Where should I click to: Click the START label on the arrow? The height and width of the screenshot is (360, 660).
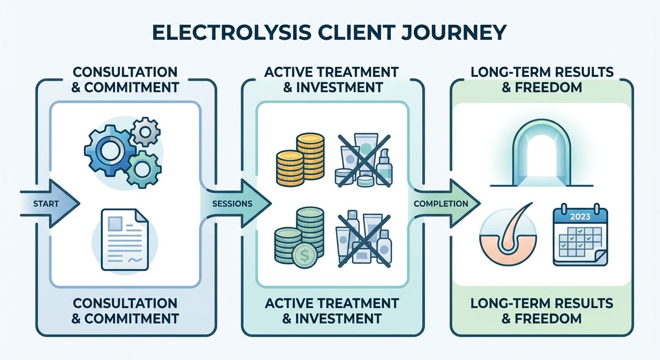tap(46, 203)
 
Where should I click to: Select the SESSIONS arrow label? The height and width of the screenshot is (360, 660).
tap(232, 203)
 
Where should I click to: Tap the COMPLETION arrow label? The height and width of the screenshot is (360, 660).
tap(441, 203)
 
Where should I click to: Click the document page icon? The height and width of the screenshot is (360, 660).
tap(124, 239)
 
